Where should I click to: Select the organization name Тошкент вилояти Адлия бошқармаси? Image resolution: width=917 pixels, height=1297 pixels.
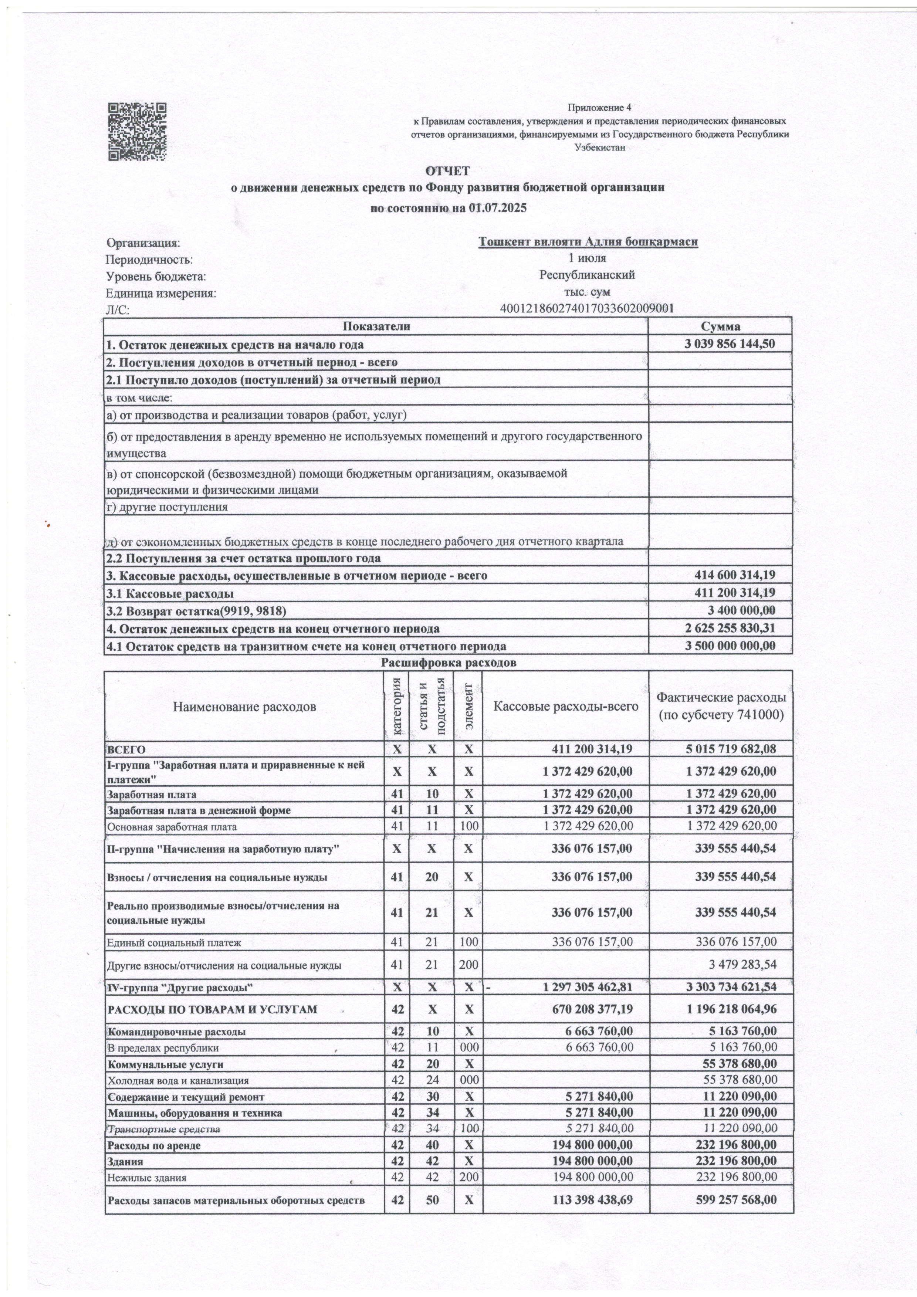(588, 242)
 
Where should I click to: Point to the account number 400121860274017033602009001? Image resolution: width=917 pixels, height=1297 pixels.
(588, 308)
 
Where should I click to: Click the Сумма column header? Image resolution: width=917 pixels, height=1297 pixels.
(720, 326)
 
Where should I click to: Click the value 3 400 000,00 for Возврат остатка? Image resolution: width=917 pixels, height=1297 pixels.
(741, 610)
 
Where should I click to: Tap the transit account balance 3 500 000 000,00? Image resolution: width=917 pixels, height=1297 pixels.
(730, 646)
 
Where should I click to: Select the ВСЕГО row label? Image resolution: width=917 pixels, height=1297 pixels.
(126, 749)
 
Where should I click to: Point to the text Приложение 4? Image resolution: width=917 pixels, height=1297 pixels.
(599, 107)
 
